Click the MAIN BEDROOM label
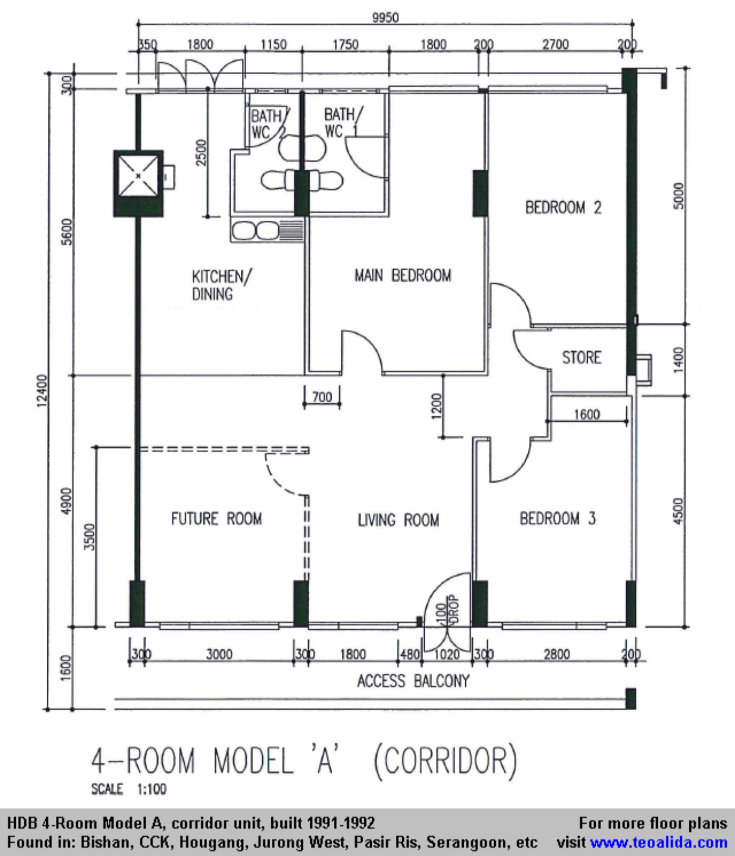click(x=402, y=276)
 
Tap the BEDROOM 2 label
click(x=563, y=207)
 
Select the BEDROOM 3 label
click(x=558, y=519)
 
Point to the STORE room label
click(x=582, y=357)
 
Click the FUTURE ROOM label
click(x=216, y=519)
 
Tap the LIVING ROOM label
click(x=398, y=520)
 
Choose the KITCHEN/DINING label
click(x=221, y=285)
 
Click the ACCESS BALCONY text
click(x=413, y=681)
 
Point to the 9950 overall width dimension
click(x=385, y=18)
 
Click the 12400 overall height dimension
click(x=43, y=391)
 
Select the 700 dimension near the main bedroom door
click(x=322, y=397)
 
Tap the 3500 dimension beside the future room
click(x=90, y=537)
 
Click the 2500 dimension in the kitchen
click(x=201, y=153)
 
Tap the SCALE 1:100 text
click(x=129, y=789)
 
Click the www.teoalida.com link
click(x=659, y=842)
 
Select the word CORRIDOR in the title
click(x=445, y=761)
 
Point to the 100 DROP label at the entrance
click(x=448, y=610)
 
